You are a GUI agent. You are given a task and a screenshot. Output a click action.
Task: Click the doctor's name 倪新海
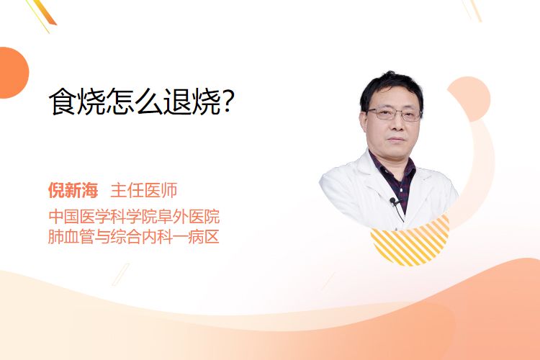(x=73, y=190)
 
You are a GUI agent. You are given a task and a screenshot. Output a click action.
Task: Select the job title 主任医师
(x=144, y=190)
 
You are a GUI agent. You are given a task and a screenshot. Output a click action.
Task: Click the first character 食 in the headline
(x=63, y=102)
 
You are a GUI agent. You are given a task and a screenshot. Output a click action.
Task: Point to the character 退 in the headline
(x=176, y=102)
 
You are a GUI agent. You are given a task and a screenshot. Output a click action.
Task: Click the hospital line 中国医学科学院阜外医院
(x=134, y=217)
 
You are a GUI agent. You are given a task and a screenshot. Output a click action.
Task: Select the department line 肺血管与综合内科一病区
(x=134, y=237)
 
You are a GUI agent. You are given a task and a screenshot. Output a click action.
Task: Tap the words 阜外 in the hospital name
(x=181, y=217)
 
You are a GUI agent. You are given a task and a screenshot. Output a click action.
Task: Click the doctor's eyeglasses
(x=395, y=114)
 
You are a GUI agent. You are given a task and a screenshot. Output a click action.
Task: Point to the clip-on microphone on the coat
(x=393, y=200)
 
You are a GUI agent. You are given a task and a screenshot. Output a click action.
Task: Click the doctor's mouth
(x=397, y=139)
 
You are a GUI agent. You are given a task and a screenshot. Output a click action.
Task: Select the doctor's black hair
(x=391, y=88)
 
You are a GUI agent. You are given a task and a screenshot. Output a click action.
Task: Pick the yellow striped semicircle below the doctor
(x=410, y=243)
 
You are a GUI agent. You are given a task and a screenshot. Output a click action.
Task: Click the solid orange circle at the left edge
(x=13, y=73)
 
